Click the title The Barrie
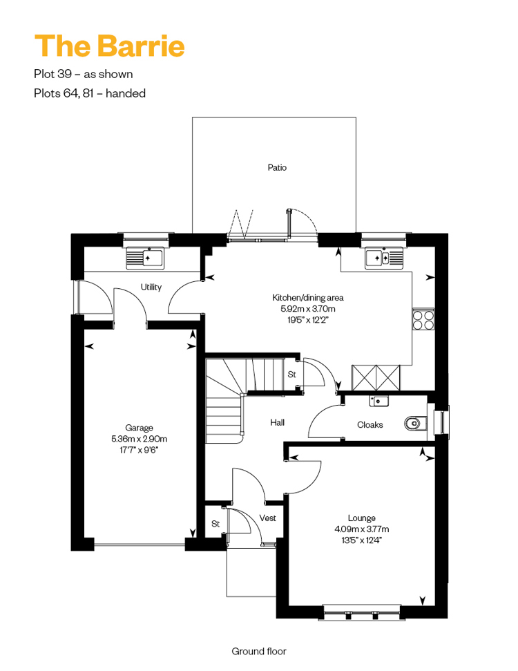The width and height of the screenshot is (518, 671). (110, 46)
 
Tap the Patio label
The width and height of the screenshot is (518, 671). (277, 167)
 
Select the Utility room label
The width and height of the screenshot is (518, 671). (151, 287)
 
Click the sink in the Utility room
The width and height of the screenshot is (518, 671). (145, 258)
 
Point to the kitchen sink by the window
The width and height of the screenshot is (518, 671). (384, 258)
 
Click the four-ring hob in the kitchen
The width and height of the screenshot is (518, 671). (423, 319)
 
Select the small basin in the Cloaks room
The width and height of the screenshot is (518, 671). (379, 401)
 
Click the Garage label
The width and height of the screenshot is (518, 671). (139, 428)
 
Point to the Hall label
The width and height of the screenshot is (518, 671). (277, 422)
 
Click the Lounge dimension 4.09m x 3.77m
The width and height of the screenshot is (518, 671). (362, 529)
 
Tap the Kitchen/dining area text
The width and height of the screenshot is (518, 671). (308, 297)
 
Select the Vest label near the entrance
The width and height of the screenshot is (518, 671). (268, 518)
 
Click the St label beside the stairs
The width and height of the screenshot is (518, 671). (291, 375)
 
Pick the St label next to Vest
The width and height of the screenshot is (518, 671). (215, 524)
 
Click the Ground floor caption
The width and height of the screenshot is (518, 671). (259, 652)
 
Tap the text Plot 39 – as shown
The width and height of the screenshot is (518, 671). (84, 74)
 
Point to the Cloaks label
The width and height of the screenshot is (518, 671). (370, 424)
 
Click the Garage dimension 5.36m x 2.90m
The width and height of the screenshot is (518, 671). (140, 439)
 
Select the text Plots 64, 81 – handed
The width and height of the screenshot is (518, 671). (90, 93)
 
